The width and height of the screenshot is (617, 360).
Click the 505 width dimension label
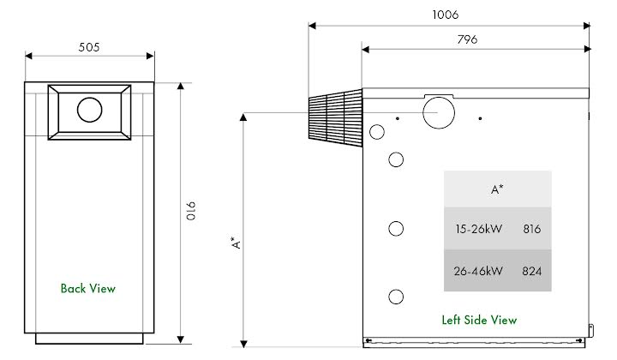coord(89,47)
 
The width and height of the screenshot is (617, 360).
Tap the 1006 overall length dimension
coord(446,15)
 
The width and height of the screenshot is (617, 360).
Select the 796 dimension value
coord(467,39)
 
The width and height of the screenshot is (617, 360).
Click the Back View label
coord(87,289)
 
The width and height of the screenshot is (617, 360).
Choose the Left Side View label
coord(479,320)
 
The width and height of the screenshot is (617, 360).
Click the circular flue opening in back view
coord(89,110)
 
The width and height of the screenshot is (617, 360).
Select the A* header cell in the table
coord(497,189)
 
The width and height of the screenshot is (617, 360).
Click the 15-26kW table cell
coord(478,230)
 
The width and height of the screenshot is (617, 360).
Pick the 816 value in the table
coord(531,230)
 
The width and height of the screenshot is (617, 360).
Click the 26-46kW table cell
coord(478,271)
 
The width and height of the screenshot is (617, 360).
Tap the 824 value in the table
coord(531,271)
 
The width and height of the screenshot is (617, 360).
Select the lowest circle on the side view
coord(396,297)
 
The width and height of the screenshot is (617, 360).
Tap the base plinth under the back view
coord(89,339)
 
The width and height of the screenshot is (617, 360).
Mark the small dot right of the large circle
coord(481,118)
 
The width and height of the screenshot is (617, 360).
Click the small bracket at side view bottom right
coord(590,327)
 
